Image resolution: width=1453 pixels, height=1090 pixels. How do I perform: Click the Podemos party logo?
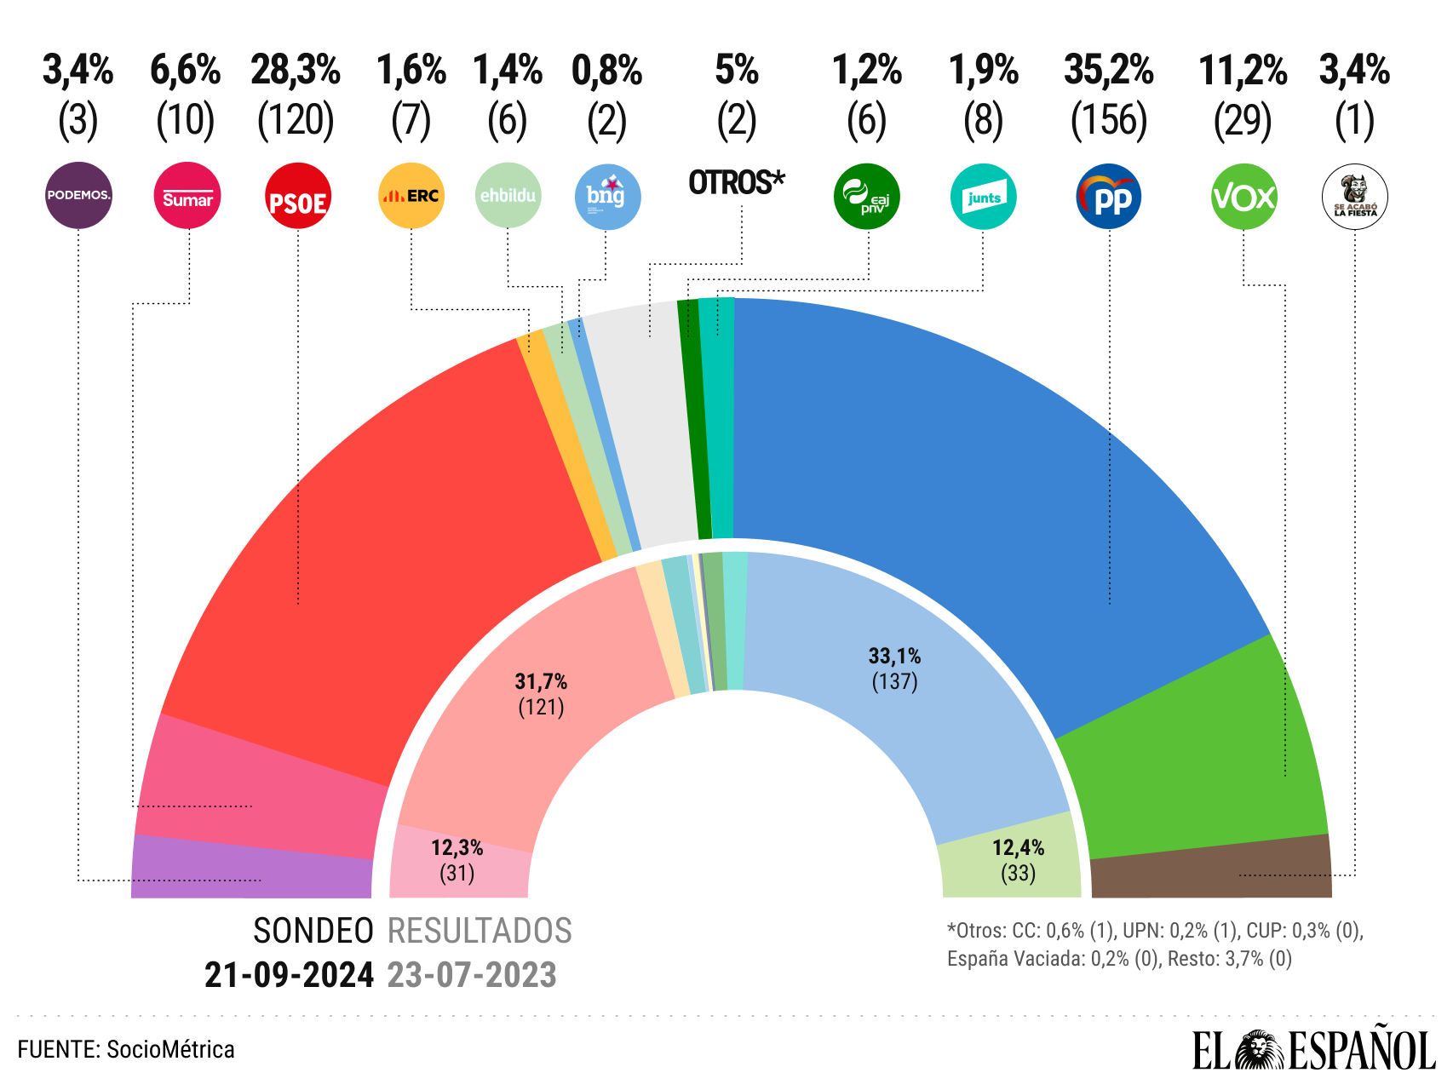pos(78,195)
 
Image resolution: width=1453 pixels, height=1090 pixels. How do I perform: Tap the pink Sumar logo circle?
pos(187,196)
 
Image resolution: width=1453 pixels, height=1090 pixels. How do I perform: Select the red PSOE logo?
pos(297,196)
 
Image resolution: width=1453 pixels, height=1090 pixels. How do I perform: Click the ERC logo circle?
pos(411,196)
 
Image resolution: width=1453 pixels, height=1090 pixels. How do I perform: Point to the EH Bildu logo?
pos(508,195)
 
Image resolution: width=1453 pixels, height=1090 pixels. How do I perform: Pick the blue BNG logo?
pos(607,197)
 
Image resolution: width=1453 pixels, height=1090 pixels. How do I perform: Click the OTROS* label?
pos(737,182)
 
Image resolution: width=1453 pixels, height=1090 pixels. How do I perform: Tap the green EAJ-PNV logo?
pos(867,197)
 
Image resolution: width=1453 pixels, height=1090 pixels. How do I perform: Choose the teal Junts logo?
pos(983,197)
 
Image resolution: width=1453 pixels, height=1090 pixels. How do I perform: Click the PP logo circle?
pos(1109,197)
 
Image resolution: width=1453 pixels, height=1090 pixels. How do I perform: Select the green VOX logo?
pos(1243,197)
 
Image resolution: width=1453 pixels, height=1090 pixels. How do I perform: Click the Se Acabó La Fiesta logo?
pos(1354,197)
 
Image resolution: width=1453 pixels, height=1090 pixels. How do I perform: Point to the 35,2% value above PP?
pos(1109,70)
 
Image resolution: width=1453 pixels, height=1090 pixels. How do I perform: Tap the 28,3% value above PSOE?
pos(296,70)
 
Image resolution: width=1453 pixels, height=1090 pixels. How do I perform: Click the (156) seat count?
pos(1109,120)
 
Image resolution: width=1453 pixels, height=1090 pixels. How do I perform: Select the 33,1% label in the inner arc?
pos(894,656)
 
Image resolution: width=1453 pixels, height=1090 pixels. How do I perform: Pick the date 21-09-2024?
pos(289,975)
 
